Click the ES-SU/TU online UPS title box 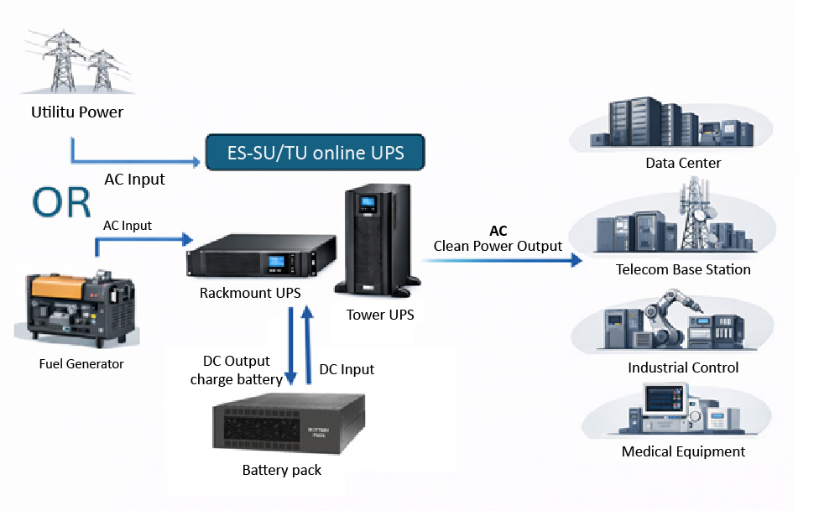click(316, 152)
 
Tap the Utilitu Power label click(77, 112)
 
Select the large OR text click(63, 202)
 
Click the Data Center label click(683, 163)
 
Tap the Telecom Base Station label click(683, 269)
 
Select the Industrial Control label click(683, 368)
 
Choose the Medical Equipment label click(683, 451)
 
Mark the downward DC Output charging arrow click(290, 344)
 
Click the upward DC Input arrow click(308, 344)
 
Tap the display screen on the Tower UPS click(366, 203)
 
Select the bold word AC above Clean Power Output click(498, 231)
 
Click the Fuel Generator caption click(81, 363)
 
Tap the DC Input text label click(347, 369)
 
